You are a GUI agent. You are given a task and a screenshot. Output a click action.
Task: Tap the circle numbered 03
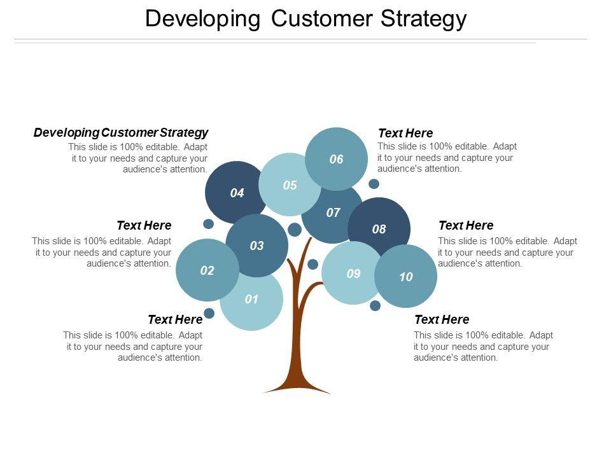pos(256,246)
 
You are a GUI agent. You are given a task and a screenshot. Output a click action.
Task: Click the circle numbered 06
pos(336,159)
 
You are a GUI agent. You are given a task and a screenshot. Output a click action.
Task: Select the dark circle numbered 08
pos(379,229)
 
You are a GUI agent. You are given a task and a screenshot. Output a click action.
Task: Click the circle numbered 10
pos(406,277)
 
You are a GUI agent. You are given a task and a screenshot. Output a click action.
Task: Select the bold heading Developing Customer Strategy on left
pos(121,133)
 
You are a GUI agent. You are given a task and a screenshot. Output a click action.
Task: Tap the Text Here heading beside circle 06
pos(405,134)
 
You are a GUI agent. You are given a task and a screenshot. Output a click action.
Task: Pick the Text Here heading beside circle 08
pos(466,226)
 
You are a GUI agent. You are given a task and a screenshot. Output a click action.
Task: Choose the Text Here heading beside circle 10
pos(442,319)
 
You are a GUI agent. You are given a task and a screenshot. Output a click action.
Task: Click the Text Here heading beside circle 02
pos(144,226)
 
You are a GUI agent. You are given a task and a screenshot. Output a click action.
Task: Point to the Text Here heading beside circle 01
pos(175,319)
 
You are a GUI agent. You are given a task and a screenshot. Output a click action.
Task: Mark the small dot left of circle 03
pos(208,224)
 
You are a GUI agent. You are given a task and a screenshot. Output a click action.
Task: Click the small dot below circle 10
pos(375,305)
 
